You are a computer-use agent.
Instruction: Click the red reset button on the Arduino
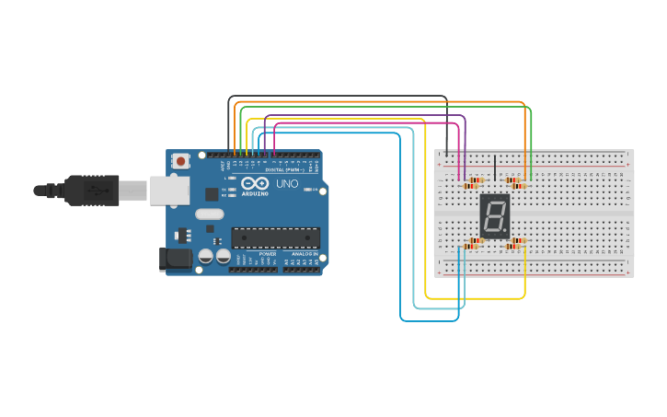(181, 161)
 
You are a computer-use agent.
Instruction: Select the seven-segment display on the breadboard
(495, 217)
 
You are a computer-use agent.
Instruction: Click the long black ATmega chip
(275, 237)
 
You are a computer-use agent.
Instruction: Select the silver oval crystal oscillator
(209, 214)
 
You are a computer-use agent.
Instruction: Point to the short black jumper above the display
(495, 168)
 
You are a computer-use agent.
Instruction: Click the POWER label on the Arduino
(267, 253)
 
